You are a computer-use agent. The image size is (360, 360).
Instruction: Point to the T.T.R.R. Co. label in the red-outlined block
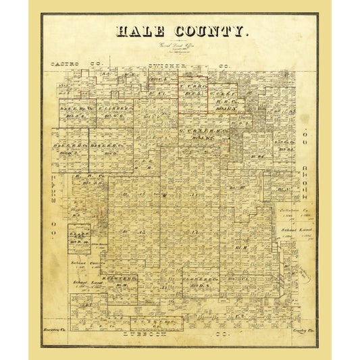(192, 86)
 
